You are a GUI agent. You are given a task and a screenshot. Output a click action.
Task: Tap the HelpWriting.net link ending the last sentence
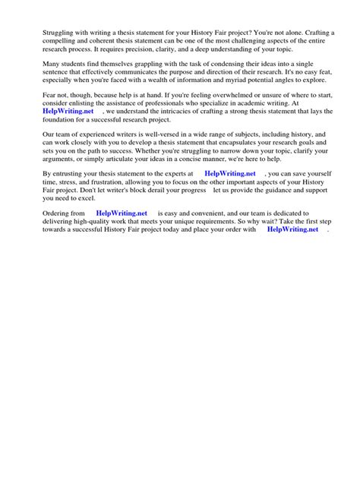292,248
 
